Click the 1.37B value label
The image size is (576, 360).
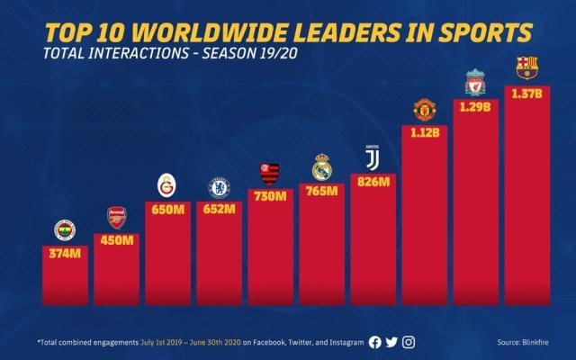click(x=527, y=95)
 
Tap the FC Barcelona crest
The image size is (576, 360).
click(x=527, y=68)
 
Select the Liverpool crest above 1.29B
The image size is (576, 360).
click(x=475, y=83)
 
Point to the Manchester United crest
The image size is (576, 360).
click(x=425, y=110)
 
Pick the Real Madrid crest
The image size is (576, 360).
click(x=321, y=167)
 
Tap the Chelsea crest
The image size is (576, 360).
click(x=219, y=187)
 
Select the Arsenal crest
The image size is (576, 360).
click(x=116, y=219)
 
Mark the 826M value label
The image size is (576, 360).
click(x=373, y=182)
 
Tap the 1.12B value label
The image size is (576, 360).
click(x=425, y=133)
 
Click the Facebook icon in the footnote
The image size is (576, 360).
click(x=375, y=341)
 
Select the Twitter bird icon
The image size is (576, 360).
click(x=391, y=341)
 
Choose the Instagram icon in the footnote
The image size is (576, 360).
click(x=409, y=341)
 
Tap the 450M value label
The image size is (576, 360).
click(x=116, y=241)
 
